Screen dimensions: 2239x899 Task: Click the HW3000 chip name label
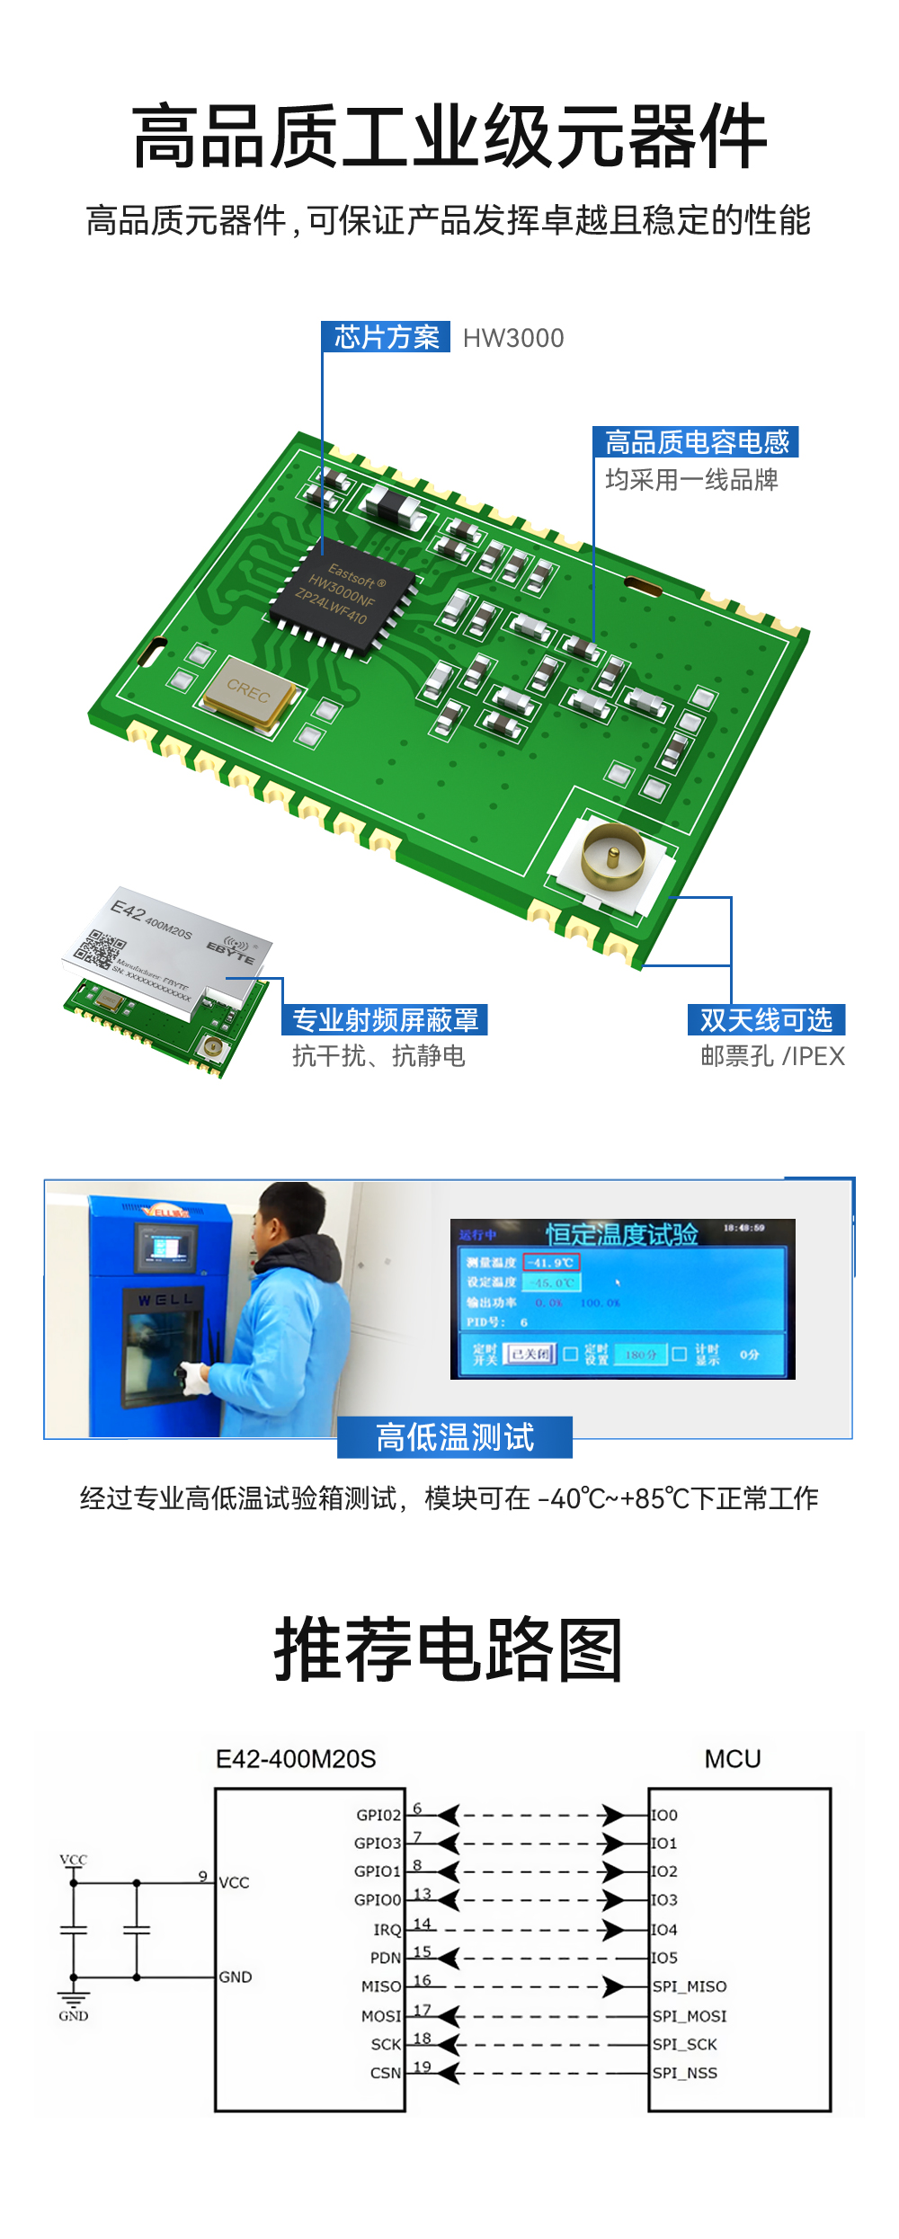[x=513, y=338]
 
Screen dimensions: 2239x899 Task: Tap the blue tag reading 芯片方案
[x=387, y=337]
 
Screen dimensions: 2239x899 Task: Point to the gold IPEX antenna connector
[x=613, y=857]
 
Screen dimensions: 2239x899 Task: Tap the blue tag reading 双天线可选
[x=766, y=1020]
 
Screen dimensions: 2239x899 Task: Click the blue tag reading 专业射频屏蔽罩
[x=386, y=1020]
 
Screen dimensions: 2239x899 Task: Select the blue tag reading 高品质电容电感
[x=696, y=442]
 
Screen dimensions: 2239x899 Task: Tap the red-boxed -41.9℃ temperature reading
[x=552, y=1262]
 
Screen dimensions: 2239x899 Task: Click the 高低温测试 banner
[x=455, y=1436]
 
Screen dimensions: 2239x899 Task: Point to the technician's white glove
[x=194, y=1377]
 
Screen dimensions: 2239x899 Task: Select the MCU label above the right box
[x=732, y=1759]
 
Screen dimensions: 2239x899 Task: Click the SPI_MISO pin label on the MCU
[x=690, y=1986]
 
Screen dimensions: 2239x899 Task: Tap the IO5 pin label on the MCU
[x=664, y=1958]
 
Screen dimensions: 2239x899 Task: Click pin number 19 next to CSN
[x=422, y=2066]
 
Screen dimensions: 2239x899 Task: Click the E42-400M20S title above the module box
[x=296, y=1759]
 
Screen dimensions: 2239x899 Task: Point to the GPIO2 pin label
[x=378, y=1815]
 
